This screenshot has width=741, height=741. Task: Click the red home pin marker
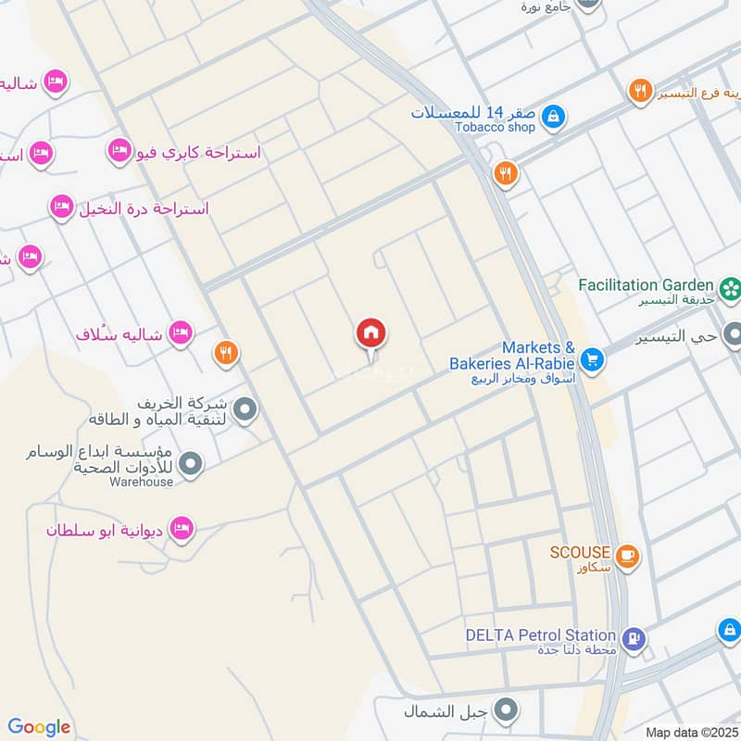tap(371, 333)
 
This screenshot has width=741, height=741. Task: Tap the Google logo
tap(39, 727)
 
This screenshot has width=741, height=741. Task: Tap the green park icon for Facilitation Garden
tap(732, 287)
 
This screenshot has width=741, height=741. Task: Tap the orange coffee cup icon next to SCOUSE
tap(627, 554)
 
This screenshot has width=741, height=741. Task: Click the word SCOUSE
tap(580, 552)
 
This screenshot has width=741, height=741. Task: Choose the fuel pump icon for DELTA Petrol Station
tap(633, 638)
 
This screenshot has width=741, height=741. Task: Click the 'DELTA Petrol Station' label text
tap(541, 635)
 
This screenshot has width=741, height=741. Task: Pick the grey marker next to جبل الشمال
tap(506, 711)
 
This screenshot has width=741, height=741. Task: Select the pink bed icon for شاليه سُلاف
tap(181, 332)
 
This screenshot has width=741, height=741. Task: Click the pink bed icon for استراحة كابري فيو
tap(119, 150)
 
